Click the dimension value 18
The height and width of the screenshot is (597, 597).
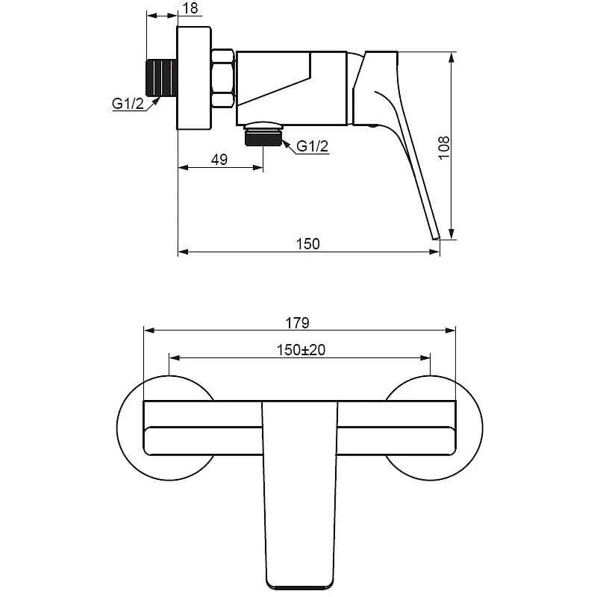click(x=190, y=8)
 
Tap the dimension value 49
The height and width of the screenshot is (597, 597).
click(x=219, y=160)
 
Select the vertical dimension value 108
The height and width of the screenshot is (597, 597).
click(x=444, y=148)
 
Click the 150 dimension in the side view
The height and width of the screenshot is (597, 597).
click(x=308, y=244)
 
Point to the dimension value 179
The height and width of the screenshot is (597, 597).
click(x=297, y=323)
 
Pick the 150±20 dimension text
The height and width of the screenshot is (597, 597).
click(x=301, y=350)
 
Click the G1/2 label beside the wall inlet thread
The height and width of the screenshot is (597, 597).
click(x=128, y=104)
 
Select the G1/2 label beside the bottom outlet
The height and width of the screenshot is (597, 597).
click(x=312, y=146)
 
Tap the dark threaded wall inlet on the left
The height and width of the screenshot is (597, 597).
click(x=162, y=78)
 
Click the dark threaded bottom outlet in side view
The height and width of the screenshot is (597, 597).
click(x=263, y=137)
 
